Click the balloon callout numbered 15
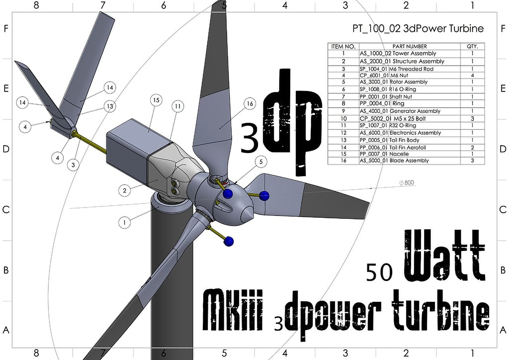tap(156, 100)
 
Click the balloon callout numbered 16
tap(250, 104)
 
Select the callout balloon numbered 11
tap(178, 106)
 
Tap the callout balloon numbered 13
tap(110, 106)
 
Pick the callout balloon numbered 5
tap(261, 162)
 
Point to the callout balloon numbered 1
tap(124, 222)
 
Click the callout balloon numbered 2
tap(124, 191)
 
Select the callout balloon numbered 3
tap(73, 165)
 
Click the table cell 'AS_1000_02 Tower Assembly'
tap(398, 53)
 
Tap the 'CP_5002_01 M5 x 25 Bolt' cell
tap(393, 118)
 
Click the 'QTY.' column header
tap(472, 46)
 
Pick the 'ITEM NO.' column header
tap(343, 46)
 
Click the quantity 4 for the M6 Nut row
tap(472, 75)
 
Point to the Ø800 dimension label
tap(407, 183)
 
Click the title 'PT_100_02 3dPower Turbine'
tap(418, 28)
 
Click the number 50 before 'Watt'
tap(379, 273)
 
